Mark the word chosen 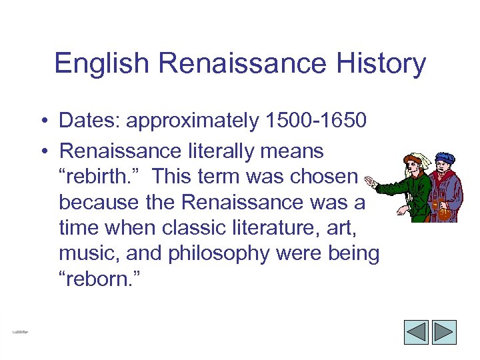[325, 177]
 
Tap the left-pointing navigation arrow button [417, 331]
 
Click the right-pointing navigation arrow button [444, 331]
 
